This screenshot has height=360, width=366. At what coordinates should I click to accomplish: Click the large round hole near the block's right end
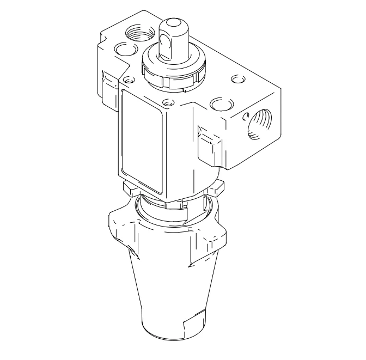point(220,103)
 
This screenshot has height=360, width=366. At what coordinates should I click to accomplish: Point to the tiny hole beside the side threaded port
point(245,115)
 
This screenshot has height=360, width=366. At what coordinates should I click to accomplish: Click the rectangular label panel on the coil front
point(142,141)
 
